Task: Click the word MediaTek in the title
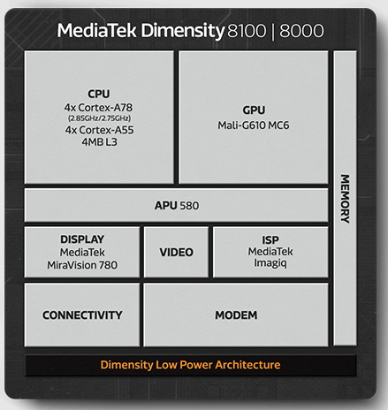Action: point(96,30)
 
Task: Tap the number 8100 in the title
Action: point(247,31)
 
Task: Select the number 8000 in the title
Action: point(301,31)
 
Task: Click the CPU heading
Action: point(99,94)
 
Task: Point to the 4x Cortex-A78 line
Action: point(98,108)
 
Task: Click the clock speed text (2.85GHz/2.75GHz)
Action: point(99,118)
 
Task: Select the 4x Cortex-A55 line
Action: point(99,130)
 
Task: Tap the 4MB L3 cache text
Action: point(99,142)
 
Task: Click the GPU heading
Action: point(254,110)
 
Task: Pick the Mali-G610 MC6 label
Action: point(254,125)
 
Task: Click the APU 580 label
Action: point(177,206)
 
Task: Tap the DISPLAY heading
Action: point(82,239)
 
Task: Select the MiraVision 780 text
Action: point(82,265)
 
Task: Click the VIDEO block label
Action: point(176,252)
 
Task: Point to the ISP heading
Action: point(270,240)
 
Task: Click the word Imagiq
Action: point(270,262)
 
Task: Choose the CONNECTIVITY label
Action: point(82,315)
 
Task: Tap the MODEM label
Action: point(236,315)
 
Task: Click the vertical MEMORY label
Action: point(345,199)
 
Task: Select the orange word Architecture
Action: point(247,365)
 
